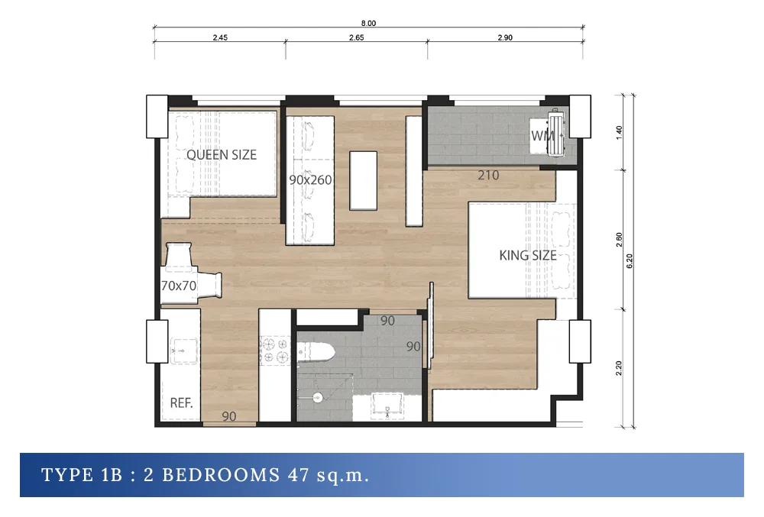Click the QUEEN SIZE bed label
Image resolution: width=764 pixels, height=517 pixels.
point(222,155)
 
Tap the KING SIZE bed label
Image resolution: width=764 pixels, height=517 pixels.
point(528,255)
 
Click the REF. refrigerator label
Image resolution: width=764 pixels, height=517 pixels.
point(181,403)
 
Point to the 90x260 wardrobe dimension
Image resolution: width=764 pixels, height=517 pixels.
point(310,180)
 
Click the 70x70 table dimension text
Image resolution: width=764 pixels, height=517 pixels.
point(179,286)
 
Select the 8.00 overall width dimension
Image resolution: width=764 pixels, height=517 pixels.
point(368,23)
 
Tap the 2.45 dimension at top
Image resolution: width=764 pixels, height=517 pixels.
point(220,37)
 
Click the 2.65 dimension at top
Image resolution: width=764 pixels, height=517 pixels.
point(356,37)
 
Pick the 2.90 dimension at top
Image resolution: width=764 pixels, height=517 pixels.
point(505,37)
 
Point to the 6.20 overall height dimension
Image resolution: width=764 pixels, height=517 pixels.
point(629,261)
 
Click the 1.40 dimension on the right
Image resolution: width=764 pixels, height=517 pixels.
point(619,132)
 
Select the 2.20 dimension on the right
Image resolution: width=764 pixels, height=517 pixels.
point(619,368)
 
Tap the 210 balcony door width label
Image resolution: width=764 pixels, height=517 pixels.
point(488,175)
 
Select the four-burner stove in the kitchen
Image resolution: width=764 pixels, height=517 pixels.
point(275,351)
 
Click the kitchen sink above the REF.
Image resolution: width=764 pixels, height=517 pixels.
point(183,351)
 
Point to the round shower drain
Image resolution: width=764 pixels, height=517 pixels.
point(317,397)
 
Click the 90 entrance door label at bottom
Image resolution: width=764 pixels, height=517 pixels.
point(229,416)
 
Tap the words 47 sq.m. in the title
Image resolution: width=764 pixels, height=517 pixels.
point(328,475)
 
